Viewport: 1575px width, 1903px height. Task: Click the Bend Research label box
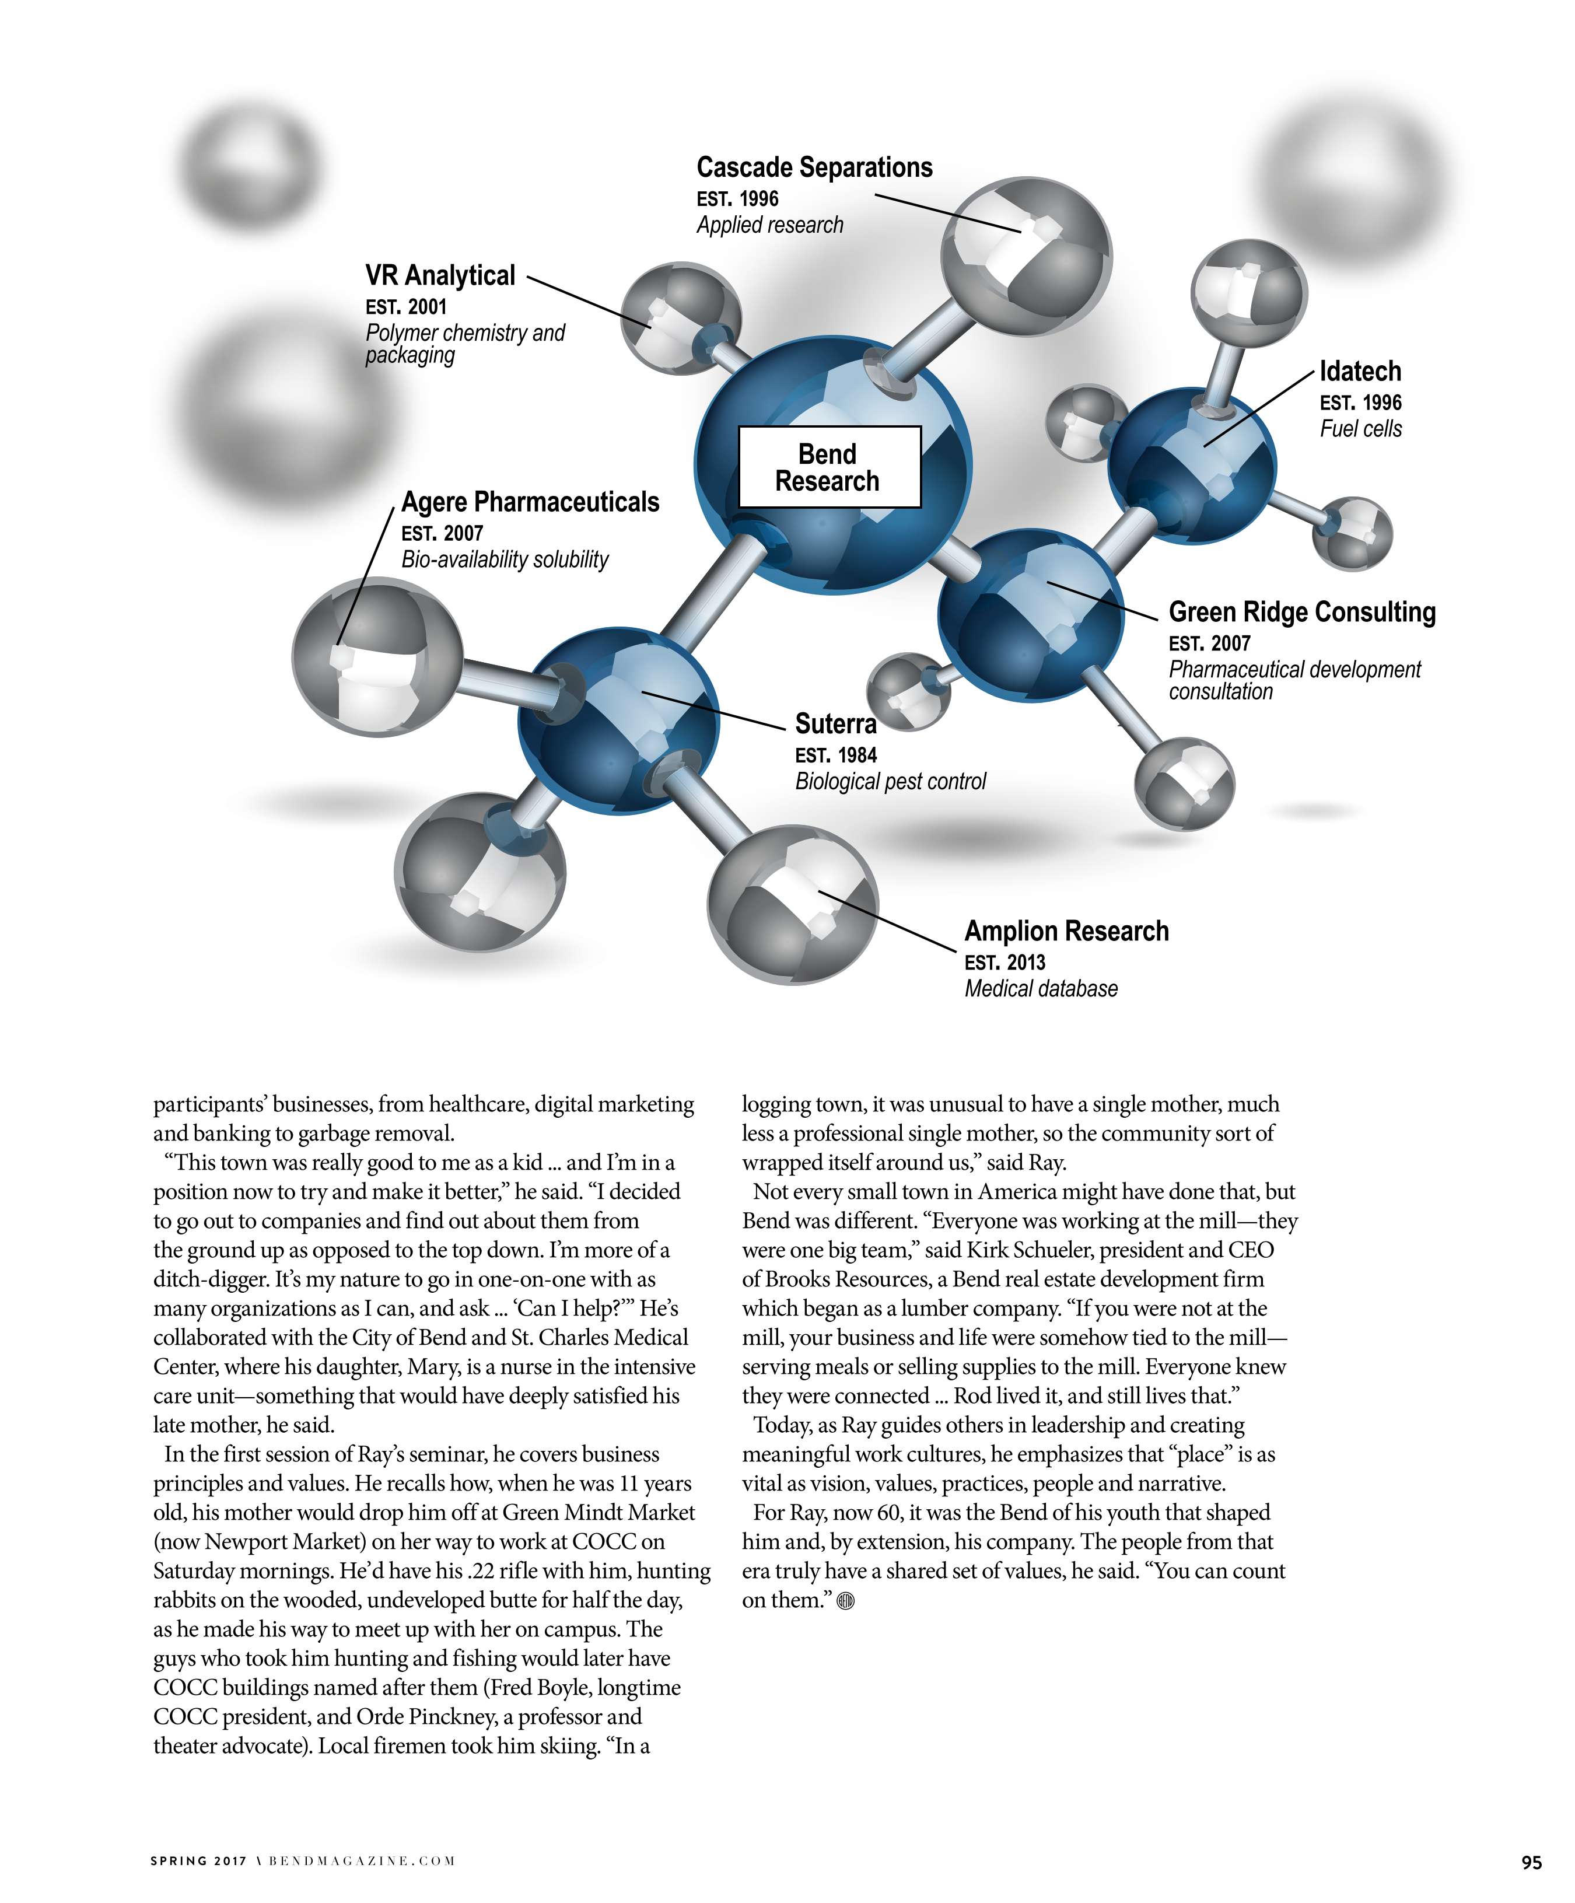coord(829,467)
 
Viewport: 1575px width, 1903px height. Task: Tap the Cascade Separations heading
coord(814,167)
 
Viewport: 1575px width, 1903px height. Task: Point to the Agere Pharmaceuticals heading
coord(530,502)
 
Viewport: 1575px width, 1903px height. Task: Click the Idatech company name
coord(1359,372)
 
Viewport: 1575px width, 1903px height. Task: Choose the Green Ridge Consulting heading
coord(1301,613)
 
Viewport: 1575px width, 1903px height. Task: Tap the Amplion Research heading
coord(1066,932)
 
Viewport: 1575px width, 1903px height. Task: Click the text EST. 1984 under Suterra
coord(835,755)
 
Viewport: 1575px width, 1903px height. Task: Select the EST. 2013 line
coord(1004,963)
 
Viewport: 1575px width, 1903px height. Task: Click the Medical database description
coord(1040,989)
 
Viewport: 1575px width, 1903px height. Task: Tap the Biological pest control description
coord(890,782)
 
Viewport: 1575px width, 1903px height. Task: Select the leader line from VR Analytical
coord(589,302)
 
